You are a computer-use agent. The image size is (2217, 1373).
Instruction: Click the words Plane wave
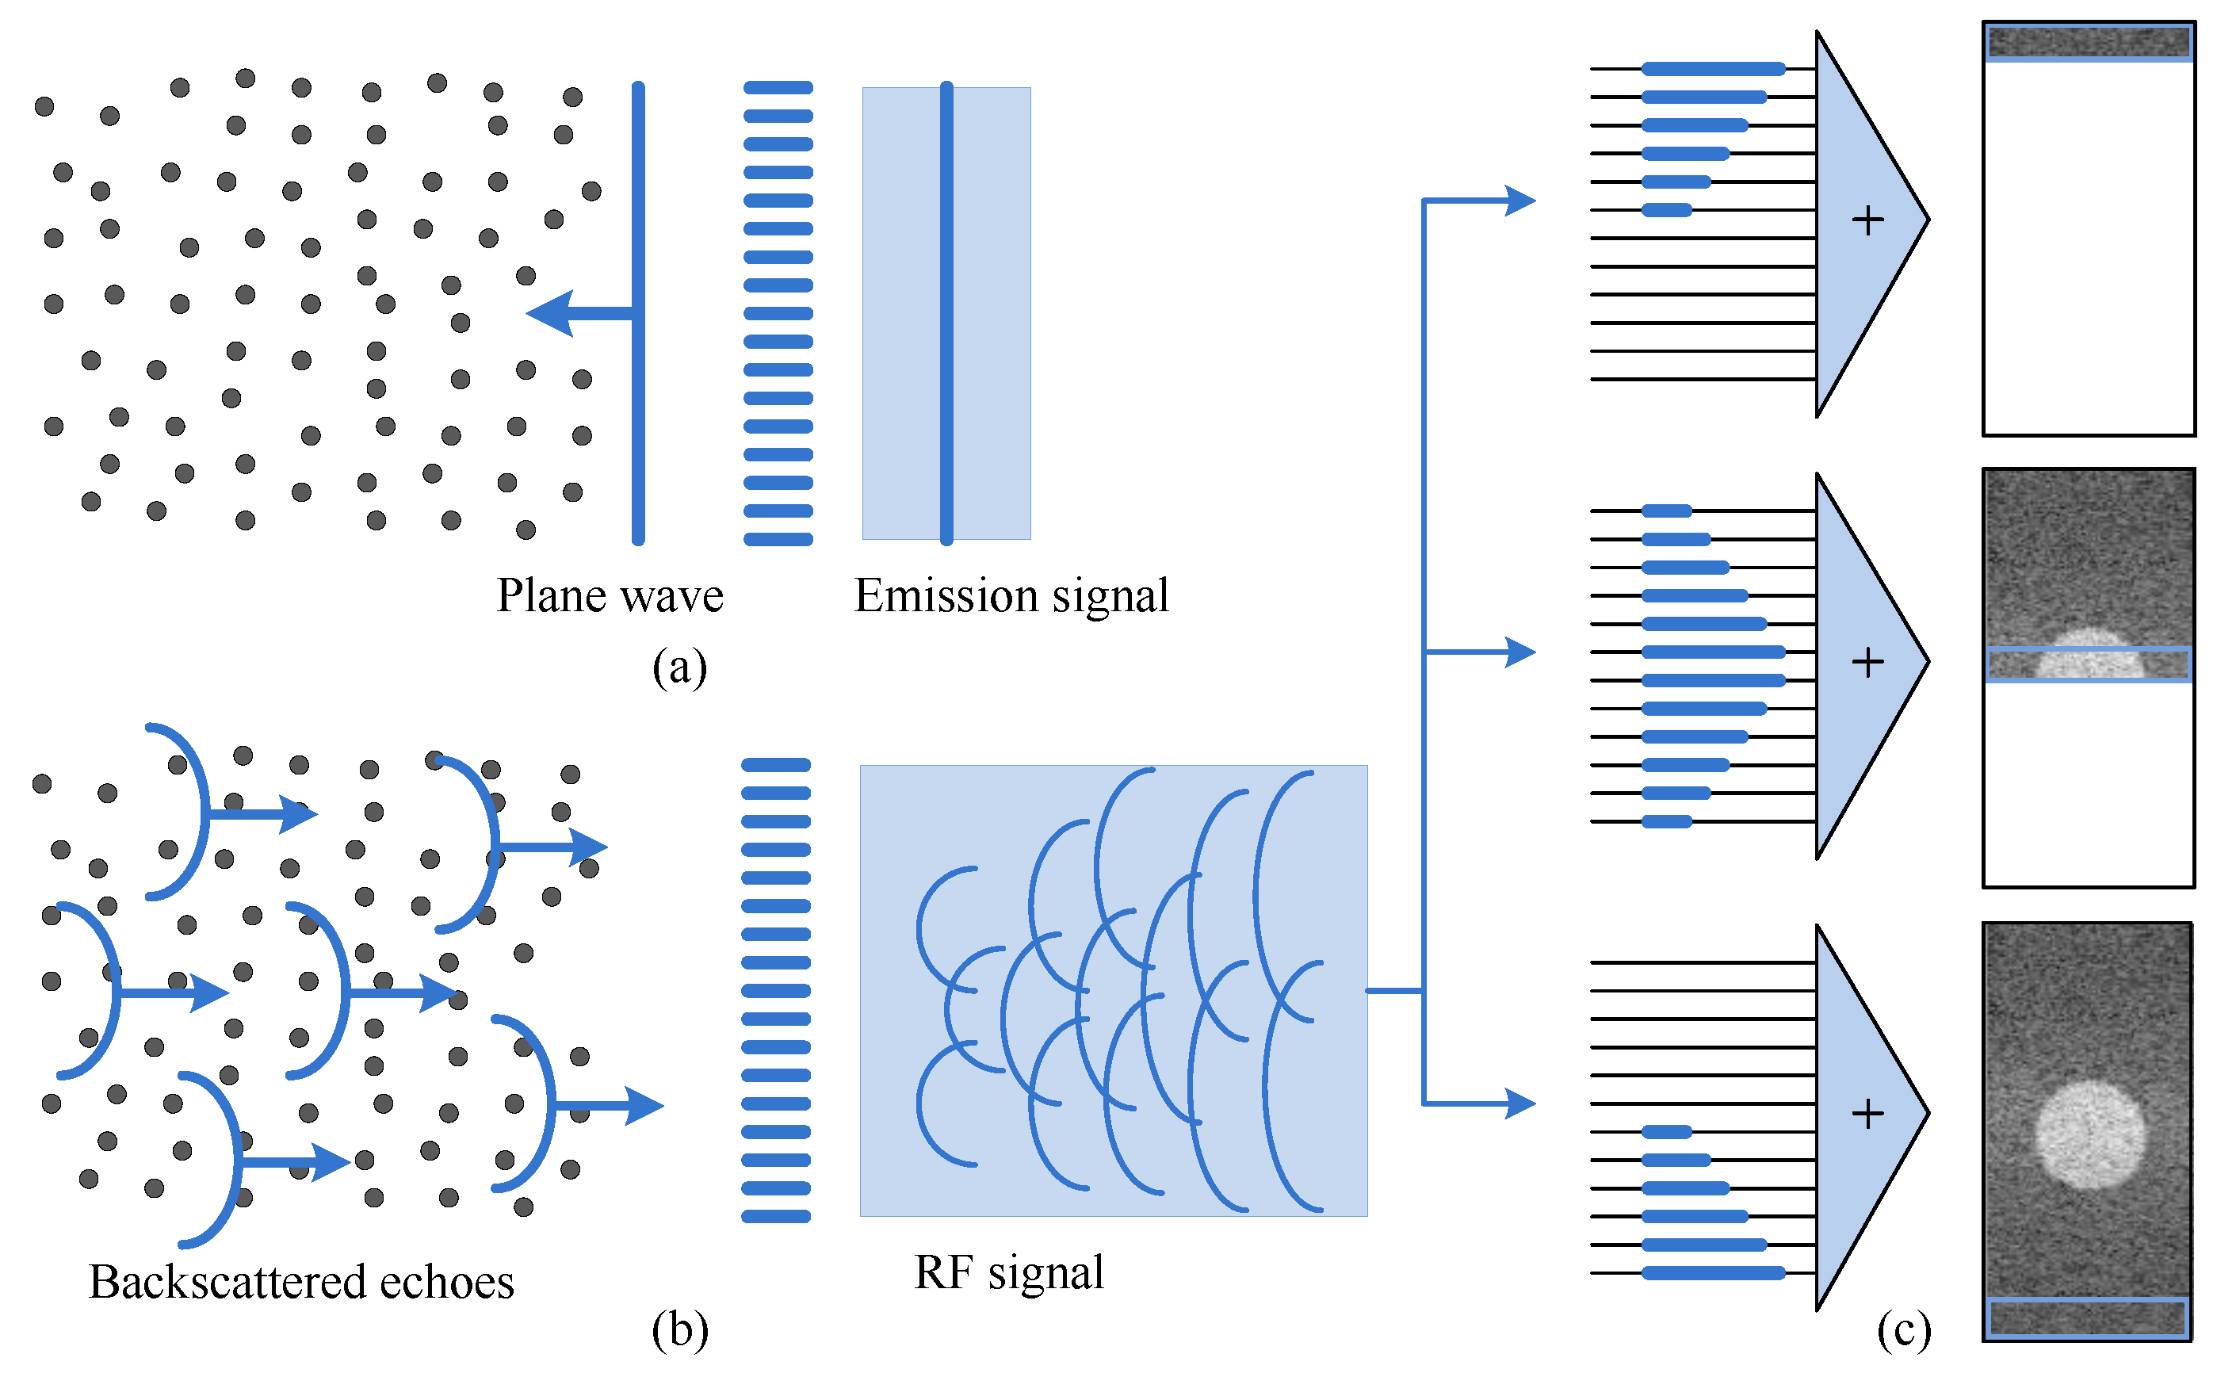[x=610, y=597]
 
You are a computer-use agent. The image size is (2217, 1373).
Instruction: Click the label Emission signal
[x=1011, y=597]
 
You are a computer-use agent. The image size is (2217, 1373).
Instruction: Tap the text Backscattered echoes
[x=301, y=1282]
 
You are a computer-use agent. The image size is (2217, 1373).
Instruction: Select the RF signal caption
[x=1009, y=1272]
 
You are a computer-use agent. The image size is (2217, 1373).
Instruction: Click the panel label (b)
[x=679, y=1329]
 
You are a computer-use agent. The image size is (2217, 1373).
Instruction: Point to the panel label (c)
[x=1903, y=1329]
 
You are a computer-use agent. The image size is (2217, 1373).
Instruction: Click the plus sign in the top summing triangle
[x=1867, y=220]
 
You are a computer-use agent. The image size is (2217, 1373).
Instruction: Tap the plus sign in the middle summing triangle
[x=1867, y=662]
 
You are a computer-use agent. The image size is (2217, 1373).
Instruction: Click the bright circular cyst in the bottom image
[x=2089, y=1134]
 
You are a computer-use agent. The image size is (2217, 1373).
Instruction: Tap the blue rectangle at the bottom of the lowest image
[x=2087, y=1318]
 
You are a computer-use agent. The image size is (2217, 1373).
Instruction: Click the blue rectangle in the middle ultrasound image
[x=2088, y=664]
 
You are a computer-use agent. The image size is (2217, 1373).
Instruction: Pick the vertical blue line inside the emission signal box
[x=946, y=313]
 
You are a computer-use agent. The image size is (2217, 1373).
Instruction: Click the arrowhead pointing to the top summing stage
[x=1519, y=200]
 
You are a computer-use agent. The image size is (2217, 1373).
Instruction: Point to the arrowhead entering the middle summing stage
[x=1519, y=652]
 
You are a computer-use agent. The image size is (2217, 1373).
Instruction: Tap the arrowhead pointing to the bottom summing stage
[x=1519, y=1103]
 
